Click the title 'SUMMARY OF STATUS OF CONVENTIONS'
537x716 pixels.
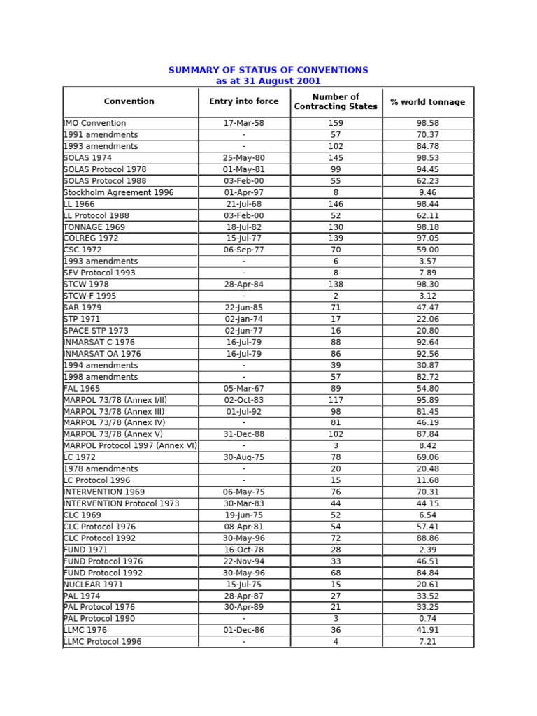click(268, 71)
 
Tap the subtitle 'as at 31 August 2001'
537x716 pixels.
click(268, 81)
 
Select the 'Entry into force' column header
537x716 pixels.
click(243, 102)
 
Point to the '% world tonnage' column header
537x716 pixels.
click(427, 103)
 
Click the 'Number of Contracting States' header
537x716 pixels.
click(336, 102)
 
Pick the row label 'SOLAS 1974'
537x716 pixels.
click(87, 158)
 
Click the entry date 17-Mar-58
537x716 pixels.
click(243, 123)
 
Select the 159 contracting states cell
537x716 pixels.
click(336, 123)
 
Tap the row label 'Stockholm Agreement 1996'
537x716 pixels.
click(118, 192)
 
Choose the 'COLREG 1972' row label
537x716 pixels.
click(91, 238)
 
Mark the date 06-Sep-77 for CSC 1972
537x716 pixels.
click(243, 250)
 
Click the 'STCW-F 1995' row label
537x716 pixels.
click(89, 296)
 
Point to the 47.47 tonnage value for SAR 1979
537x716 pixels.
click(428, 308)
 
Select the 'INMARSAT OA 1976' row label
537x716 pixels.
click(102, 354)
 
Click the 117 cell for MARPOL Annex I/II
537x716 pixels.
click(336, 400)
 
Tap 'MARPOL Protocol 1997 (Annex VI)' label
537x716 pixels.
click(130, 446)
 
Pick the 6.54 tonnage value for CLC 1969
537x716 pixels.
click(428, 515)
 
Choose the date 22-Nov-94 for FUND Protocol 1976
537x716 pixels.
click(243, 561)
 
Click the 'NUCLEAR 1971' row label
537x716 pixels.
click(93, 585)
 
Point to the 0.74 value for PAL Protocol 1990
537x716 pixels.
click(428, 619)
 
